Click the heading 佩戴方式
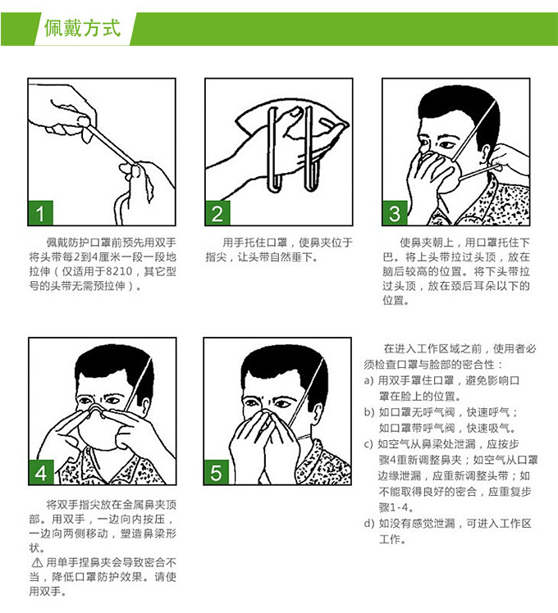tap(82, 29)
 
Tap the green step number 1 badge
tap(40, 213)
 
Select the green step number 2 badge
tap(217, 213)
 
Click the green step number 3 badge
tap(395, 213)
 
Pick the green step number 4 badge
tap(41, 473)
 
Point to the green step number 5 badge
tap(216, 473)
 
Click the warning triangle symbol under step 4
tap(37, 562)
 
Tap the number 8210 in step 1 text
tap(120, 271)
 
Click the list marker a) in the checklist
tap(369, 380)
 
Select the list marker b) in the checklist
tap(369, 412)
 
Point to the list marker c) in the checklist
tap(368, 444)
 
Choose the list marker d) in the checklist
tap(369, 524)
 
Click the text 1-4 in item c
tap(399, 508)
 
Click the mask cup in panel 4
tap(98, 430)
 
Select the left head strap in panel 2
tap(272, 151)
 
